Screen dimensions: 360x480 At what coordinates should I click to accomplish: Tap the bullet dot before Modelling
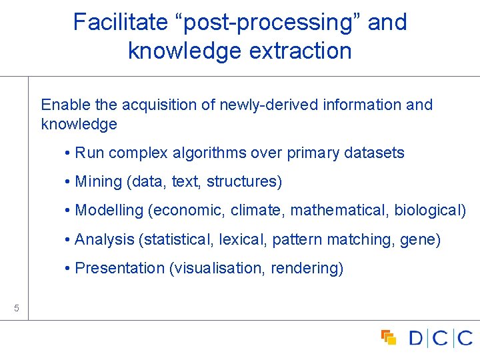tap(69, 211)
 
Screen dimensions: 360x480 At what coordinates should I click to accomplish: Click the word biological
tap(429, 211)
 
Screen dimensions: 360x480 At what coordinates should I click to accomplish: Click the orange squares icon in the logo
tap(389, 337)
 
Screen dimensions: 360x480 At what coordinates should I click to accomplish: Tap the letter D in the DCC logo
tap(416, 338)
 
